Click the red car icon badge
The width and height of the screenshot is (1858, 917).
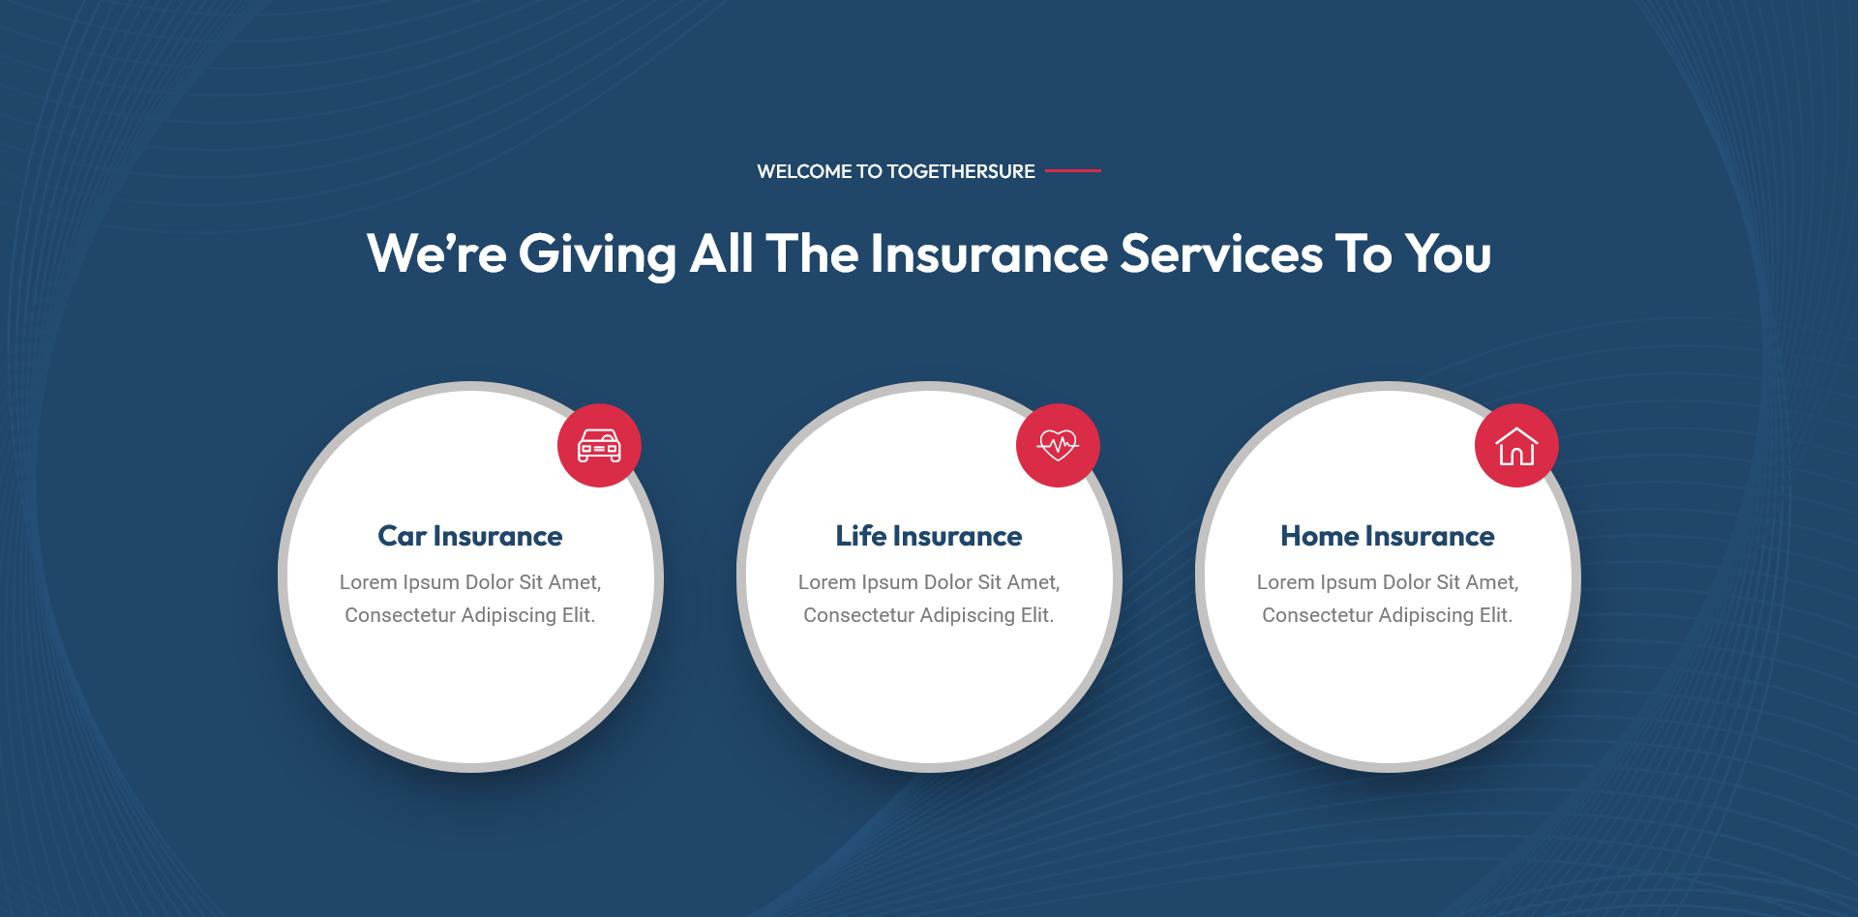point(599,445)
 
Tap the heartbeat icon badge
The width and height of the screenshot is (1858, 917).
point(1058,445)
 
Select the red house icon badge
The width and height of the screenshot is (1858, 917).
point(1516,445)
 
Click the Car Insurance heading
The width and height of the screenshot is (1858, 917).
point(470,536)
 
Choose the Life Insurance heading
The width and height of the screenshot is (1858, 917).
point(929,536)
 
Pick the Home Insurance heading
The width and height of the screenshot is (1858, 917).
point(1388,536)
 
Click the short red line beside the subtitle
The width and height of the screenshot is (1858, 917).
point(1073,170)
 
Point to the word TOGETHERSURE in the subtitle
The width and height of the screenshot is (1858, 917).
point(961,171)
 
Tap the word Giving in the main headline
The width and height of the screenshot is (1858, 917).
point(597,254)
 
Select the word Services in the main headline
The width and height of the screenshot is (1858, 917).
point(1221,254)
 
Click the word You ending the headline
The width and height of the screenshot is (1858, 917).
point(1449,254)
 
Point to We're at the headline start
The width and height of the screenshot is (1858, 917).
point(436,254)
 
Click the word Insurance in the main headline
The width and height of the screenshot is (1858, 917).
point(989,254)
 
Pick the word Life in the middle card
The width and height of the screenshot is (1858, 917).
point(861,536)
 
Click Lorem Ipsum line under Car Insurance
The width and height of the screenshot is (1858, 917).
point(470,582)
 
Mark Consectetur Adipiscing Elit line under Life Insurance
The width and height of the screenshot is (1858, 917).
point(929,615)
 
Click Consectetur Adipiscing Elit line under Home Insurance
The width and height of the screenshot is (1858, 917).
point(1388,615)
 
